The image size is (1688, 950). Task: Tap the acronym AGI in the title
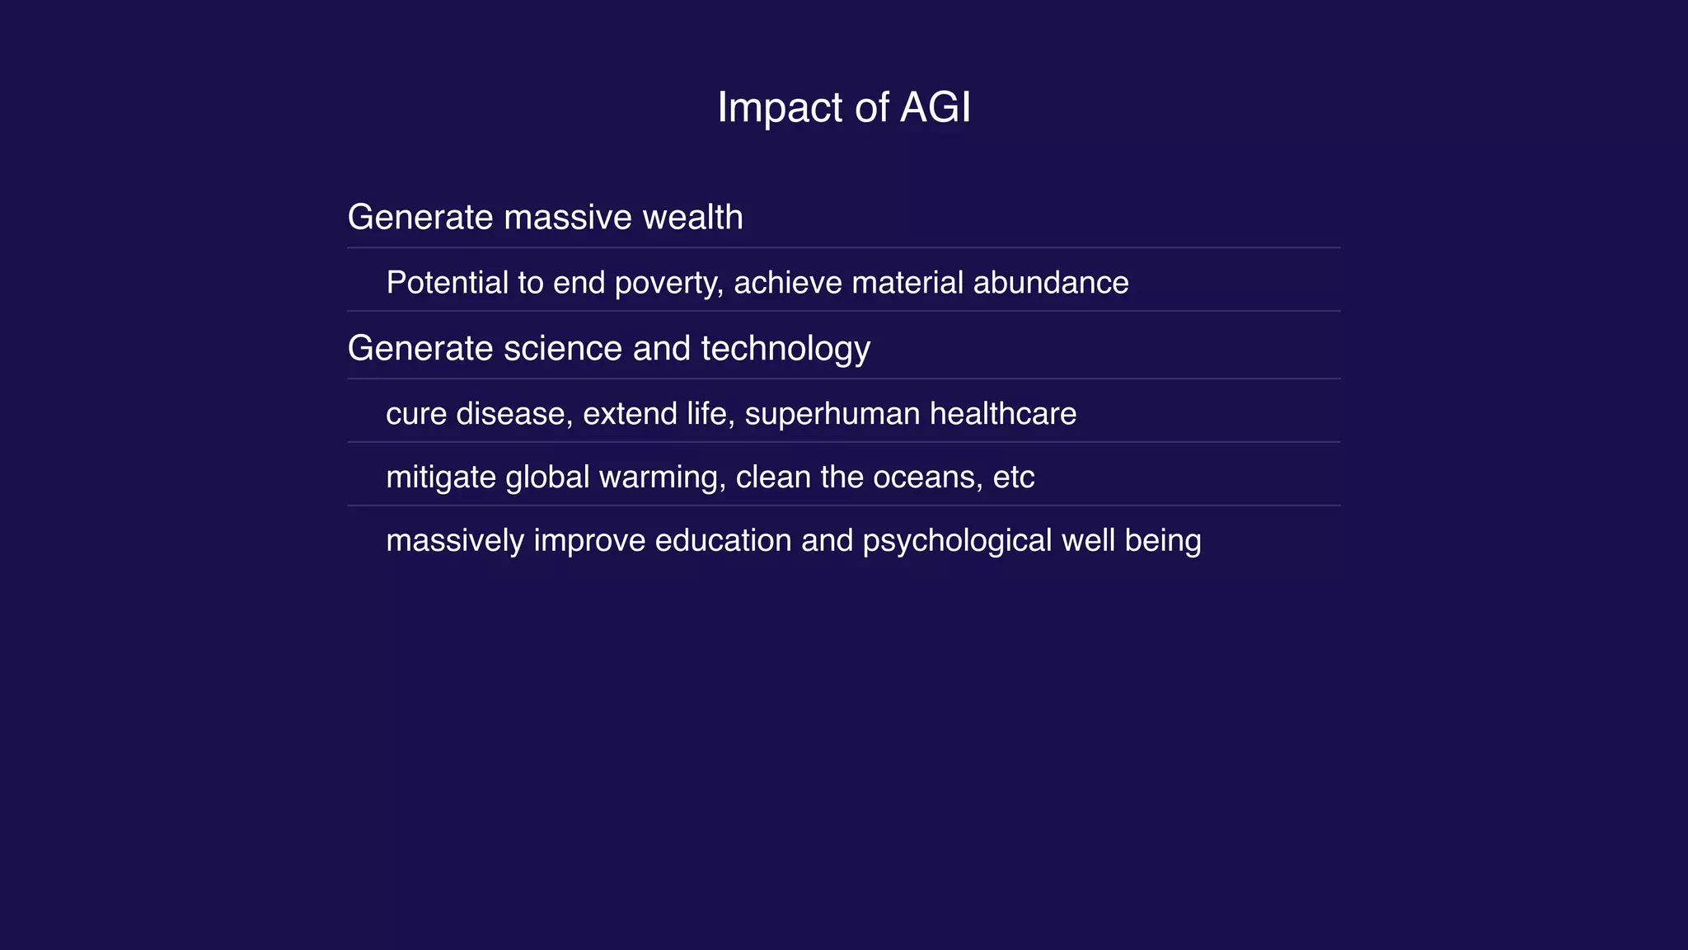coord(935,108)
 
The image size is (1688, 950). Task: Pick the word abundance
coord(1051,283)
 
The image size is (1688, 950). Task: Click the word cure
coord(416,414)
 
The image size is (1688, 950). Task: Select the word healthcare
coord(1003,414)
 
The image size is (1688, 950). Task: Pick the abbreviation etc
coord(1014,477)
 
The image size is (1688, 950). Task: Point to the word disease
coord(513,414)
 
